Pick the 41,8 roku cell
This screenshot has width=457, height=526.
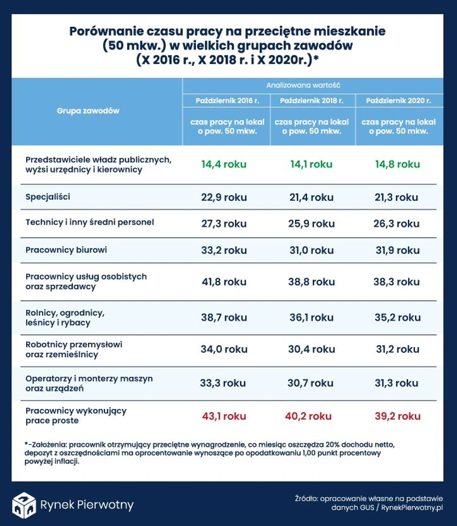223,281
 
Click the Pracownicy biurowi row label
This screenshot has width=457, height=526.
66,249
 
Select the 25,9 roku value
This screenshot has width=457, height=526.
311,223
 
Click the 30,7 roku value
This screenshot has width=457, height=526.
311,383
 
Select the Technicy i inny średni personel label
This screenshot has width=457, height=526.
90,222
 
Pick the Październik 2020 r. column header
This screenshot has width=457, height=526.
398,100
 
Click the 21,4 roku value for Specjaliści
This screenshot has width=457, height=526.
311,197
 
